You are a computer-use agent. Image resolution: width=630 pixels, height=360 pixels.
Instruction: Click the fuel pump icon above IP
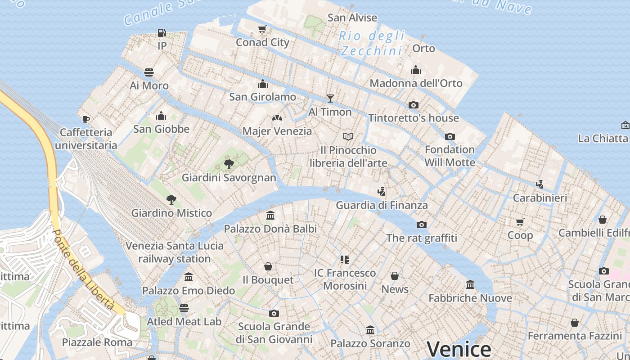pyautogui.click(x=162, y=33)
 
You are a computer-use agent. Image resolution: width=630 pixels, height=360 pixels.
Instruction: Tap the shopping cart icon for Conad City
pyautogui.click(x=262, y=29)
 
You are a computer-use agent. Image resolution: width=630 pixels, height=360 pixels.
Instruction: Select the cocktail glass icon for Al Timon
pyautogui.click(x=330, y=98)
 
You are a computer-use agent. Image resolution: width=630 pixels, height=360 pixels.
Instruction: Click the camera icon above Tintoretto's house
pyautogui.click(x=413, y=105)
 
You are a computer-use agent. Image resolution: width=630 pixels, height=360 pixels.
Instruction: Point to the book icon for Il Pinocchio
pyautogui.click(x=348, y=136)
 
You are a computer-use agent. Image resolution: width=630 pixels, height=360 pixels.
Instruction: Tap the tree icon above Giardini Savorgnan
pyautogui.click(x=229, y=164)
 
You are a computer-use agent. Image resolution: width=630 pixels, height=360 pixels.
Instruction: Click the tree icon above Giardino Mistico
pyautogui.click(x=171, y=199)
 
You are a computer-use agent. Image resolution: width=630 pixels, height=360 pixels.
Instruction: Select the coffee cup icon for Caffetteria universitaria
pyautogui.click(x=85, y=119)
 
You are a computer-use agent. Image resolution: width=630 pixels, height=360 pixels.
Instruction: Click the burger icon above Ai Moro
pyautogui.click(x=149, y=72)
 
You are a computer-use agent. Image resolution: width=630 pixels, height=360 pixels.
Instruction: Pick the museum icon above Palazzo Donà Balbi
pyautogui.click(x=270, y=215)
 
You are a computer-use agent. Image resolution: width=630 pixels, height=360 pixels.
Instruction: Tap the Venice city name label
pyautogui.click(x=459, y=350)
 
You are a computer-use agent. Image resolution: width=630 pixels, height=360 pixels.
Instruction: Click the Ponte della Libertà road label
pyautogui.click(x=84, y=270)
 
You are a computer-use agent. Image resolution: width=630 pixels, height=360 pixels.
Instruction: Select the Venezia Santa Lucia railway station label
pyautogui.click(x=175, y=252)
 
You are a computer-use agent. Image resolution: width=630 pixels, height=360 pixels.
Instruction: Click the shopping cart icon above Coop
pyautogui.click(x=520, y=222)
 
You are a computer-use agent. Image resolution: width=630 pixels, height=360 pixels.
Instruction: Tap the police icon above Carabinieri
pyautogui.click(x=540, y=184)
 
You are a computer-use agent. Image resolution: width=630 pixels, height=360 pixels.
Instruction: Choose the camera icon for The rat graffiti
pyautogui.click(x=421, y=225)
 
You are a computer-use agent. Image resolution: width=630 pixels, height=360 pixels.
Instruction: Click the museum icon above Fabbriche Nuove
pyautogui.click(x=470, y=284)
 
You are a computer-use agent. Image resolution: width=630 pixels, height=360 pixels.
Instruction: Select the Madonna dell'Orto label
pyautogui.click(x=416, y=83)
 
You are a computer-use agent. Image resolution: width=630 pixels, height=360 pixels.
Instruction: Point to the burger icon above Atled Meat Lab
pyautogui.click(x=184, y=308)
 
